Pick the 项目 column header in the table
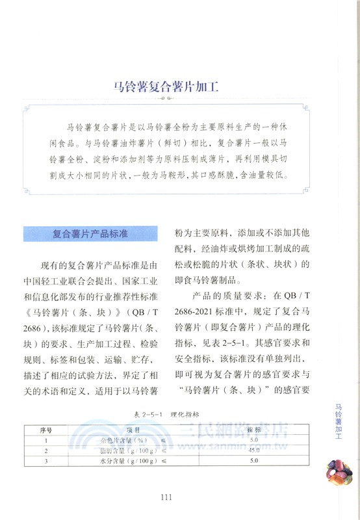click(x=133, y=430)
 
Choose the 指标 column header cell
click(x=255, y=430)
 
